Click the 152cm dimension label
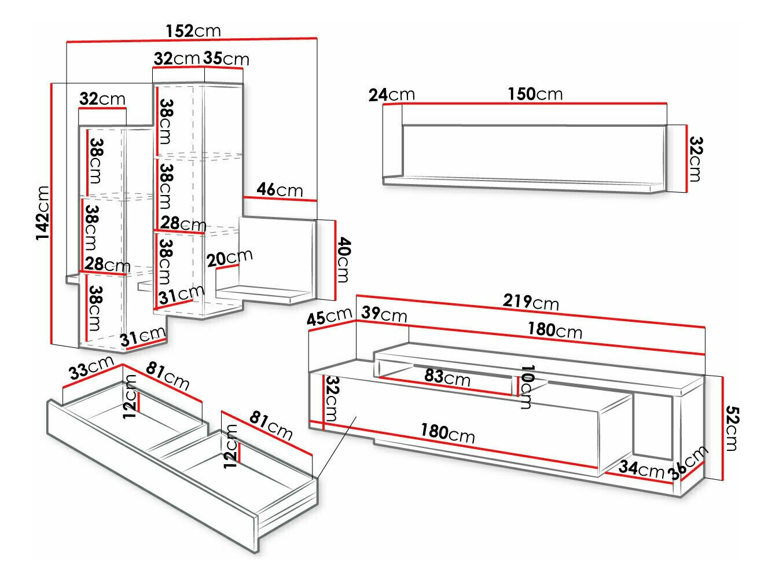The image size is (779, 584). (193, 30)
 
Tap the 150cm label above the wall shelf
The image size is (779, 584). (535, 94)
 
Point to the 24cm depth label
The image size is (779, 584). (391, 94)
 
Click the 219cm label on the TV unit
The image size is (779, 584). (530, 302)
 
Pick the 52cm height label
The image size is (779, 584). (731, 429)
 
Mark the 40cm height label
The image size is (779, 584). (343, 259)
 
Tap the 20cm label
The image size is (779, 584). (230, 258)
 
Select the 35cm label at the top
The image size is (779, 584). (226, 58)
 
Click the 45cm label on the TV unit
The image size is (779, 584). (329, 317)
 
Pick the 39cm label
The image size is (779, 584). (384, 314)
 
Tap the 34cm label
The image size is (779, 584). (641, 468)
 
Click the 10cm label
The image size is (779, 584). (526, 387)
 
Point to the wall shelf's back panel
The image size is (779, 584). (532, 152)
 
